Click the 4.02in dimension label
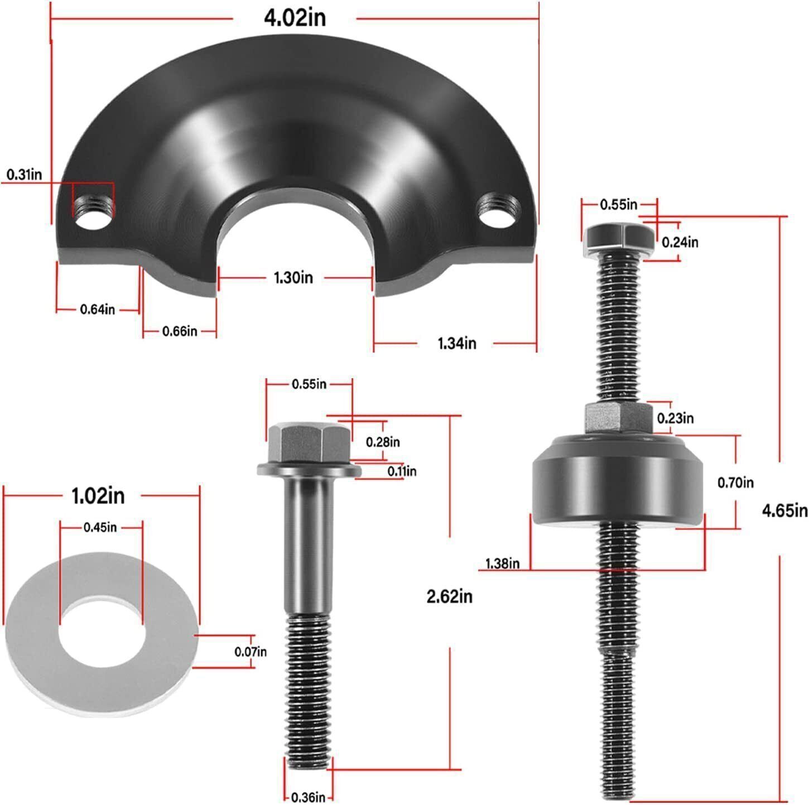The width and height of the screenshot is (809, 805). (295, 18)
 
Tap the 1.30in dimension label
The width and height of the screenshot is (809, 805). (293, 277)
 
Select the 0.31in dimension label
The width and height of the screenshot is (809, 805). (24, 175)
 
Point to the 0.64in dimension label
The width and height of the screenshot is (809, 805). (98, 309)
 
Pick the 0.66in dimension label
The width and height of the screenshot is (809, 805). (180, 331)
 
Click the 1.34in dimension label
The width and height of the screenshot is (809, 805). (456, 343)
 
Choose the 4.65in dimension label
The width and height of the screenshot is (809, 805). (784, 510)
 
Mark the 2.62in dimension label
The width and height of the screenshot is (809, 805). (449, 597)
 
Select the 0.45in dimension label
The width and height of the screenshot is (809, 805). (100, 527)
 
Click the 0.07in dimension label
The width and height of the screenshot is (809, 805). (251, 651)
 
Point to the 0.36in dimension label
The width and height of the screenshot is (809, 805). (309, 797)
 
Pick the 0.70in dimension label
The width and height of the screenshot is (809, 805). (735, 483)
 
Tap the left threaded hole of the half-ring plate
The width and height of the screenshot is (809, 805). (93, 213)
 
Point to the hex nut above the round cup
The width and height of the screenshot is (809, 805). (618, 418)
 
